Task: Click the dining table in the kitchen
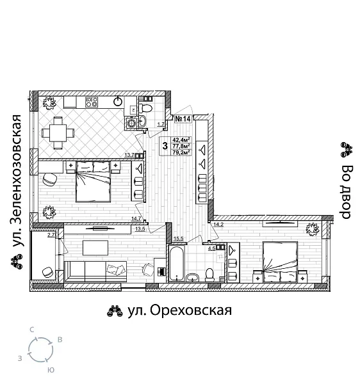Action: point(58,132)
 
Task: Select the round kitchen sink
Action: point(119,100)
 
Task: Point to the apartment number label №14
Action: point(184,118)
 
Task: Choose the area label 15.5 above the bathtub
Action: point(178,239)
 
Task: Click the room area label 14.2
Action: point(218,224)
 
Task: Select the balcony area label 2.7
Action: point(51,235)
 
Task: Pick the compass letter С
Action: point(31,329)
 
